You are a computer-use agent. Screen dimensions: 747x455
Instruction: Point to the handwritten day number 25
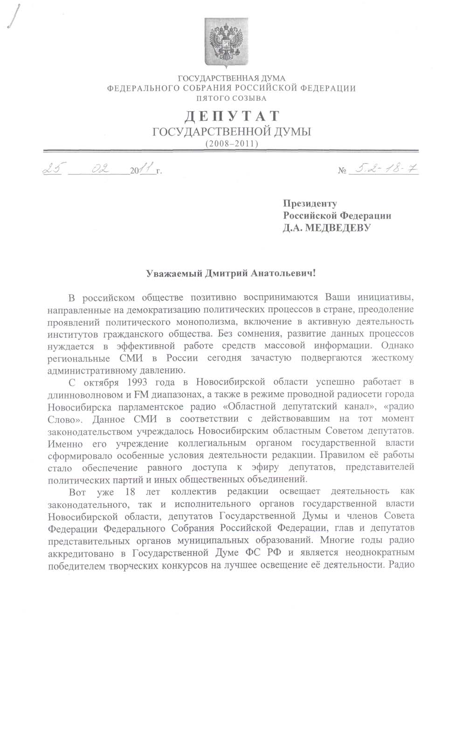(52, 169)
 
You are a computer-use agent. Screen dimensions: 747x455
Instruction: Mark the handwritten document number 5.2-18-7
(385, 169)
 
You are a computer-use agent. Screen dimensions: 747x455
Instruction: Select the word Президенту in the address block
(310, 204)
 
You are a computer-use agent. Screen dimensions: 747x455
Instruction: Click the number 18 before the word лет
(131, 492)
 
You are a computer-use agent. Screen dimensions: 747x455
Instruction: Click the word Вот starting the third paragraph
(77, 492)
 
